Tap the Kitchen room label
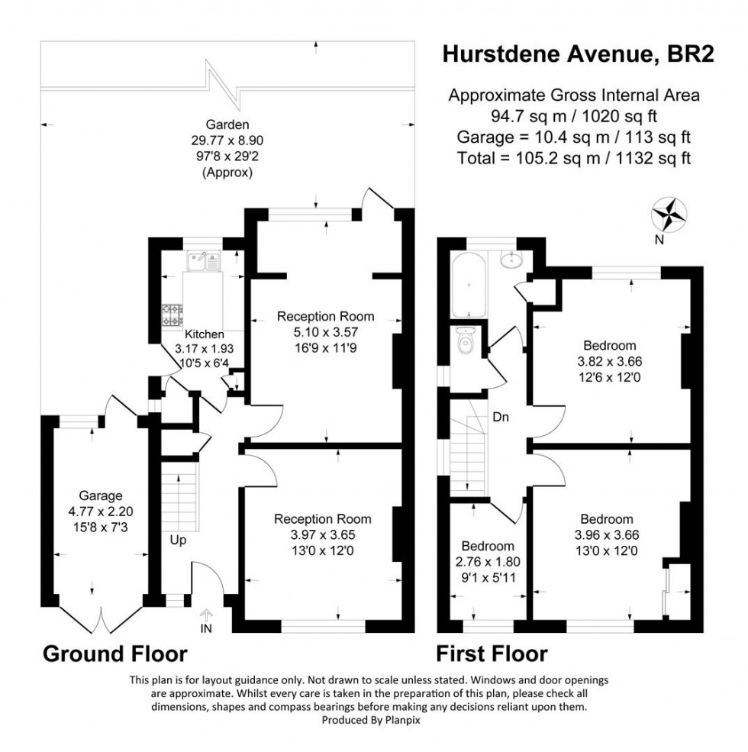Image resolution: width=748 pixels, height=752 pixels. click(x=205, y=334)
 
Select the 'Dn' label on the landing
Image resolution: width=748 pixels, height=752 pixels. click(x=501, y=418)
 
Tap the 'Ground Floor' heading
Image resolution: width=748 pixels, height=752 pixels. click(x=114, y=654)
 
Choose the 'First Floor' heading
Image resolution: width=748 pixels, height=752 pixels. click(x=492, y=654)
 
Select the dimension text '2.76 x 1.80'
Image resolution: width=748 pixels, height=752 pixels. click(x=488, y=560)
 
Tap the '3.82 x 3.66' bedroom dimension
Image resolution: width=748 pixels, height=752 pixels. click(x=608, y=362)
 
